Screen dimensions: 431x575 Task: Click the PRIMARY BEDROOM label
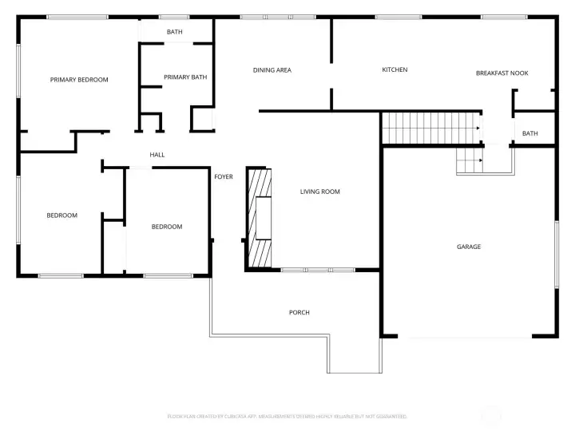[79, 80]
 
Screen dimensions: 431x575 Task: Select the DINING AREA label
[272, 70]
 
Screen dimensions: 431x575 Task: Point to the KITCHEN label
[395, 70]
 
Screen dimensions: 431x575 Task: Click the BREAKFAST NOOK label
[502, 73]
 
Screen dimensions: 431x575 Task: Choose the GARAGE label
[469, 247]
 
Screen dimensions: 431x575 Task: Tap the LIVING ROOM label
[320, 192]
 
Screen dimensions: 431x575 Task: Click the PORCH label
[299, 312]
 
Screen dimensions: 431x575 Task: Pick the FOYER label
[224, 176]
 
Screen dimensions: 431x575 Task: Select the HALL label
[157, 155]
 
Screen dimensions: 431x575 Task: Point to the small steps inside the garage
[470, 162]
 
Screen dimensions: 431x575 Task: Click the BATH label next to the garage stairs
[529, 134]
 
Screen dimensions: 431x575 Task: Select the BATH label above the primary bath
[174, 32]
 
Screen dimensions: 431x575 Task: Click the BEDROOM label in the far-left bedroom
[61, 215]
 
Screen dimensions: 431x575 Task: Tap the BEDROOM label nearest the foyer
[167, 227]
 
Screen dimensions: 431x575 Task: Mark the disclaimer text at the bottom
[287, 417]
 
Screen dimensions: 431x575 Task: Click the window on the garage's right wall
[557, 254]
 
